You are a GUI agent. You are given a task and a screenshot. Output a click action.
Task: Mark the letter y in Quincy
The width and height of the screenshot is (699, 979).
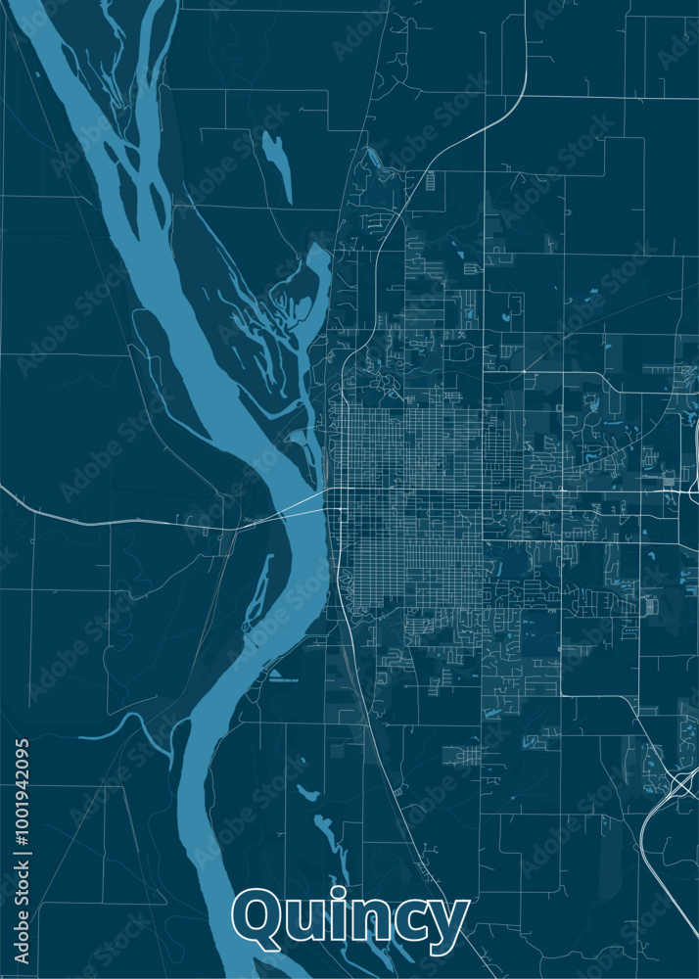tap(449, 927)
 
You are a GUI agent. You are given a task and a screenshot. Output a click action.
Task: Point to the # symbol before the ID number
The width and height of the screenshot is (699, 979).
tap(23, 850)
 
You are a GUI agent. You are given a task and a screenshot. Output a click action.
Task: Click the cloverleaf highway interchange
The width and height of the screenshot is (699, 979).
tap(682, 782)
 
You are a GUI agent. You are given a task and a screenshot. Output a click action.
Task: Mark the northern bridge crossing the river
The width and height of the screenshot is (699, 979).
tap(294, 505)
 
